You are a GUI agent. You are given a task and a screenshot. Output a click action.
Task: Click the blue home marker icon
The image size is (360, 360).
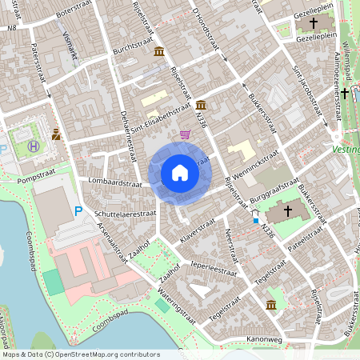coord(179,172)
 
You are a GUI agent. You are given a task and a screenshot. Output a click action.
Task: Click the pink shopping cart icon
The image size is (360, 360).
coord(186,134)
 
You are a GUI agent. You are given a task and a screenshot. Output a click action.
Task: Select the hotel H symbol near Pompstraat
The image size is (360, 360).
coord(34,146)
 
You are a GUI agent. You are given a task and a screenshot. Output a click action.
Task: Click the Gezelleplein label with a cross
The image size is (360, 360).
coord(313,38)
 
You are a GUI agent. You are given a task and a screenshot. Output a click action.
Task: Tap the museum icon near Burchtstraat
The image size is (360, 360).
coord(159,52)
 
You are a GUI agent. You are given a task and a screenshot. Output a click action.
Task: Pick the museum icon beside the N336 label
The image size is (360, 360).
coord(199,105)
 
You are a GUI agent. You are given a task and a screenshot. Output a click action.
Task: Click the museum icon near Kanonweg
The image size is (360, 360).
coord(271,305)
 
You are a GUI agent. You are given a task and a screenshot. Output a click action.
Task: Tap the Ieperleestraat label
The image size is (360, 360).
coord(214,266)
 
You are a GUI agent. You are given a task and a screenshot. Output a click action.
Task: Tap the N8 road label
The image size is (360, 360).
coord(11,28)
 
